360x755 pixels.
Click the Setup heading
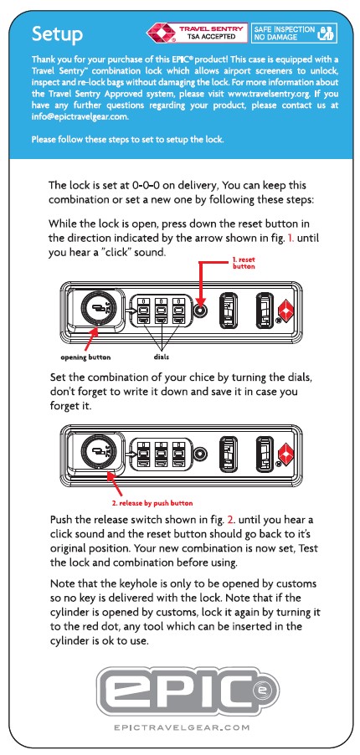pos(57,34)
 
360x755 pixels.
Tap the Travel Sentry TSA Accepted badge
pos(197,33)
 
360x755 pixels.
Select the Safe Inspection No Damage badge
pos(294,33)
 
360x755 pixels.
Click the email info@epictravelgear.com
pos(80,116)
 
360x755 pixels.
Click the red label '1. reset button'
pos(244,263)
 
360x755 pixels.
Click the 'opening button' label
pos(85,357)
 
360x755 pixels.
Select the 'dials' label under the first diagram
pos(161,357)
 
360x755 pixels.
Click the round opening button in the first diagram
pos(99,309)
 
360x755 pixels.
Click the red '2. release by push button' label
pos(152,503)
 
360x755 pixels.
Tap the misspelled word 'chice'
pos(203,378)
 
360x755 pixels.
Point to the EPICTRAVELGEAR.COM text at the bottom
pos(183,727)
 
